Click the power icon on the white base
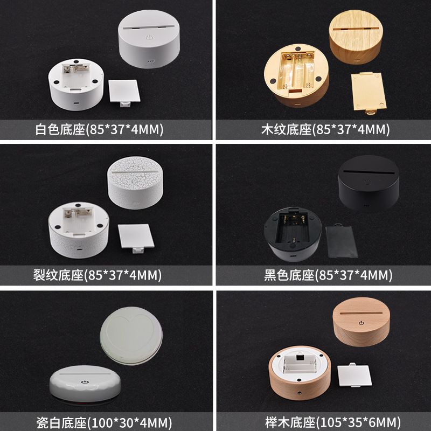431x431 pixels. coord(149,37)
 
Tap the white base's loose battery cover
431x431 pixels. coord(124,93)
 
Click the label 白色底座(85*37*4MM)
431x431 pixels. coord(100,129)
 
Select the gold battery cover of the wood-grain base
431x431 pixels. coord(369,92)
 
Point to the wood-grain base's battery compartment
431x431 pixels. coord(297,71)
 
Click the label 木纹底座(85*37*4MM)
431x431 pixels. coord(325,129)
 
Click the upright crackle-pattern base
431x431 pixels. coord(135,183)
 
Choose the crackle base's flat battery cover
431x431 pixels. coord(136,238)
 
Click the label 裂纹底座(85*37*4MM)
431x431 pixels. coord(98,275)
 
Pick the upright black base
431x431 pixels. coord(369,183)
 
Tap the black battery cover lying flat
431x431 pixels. coord(342,241)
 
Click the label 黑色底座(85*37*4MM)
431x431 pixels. coord(328,275)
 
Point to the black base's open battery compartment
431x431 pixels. coord(293,227)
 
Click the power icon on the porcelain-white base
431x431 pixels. coord(85,382)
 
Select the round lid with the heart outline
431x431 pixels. coord(131,336)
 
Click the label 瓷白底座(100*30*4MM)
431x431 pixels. coord(104,422)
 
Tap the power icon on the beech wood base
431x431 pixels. coord(362,323)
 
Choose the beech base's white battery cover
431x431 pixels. coord(354,375)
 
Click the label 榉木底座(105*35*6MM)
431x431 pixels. coord(333,422)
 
